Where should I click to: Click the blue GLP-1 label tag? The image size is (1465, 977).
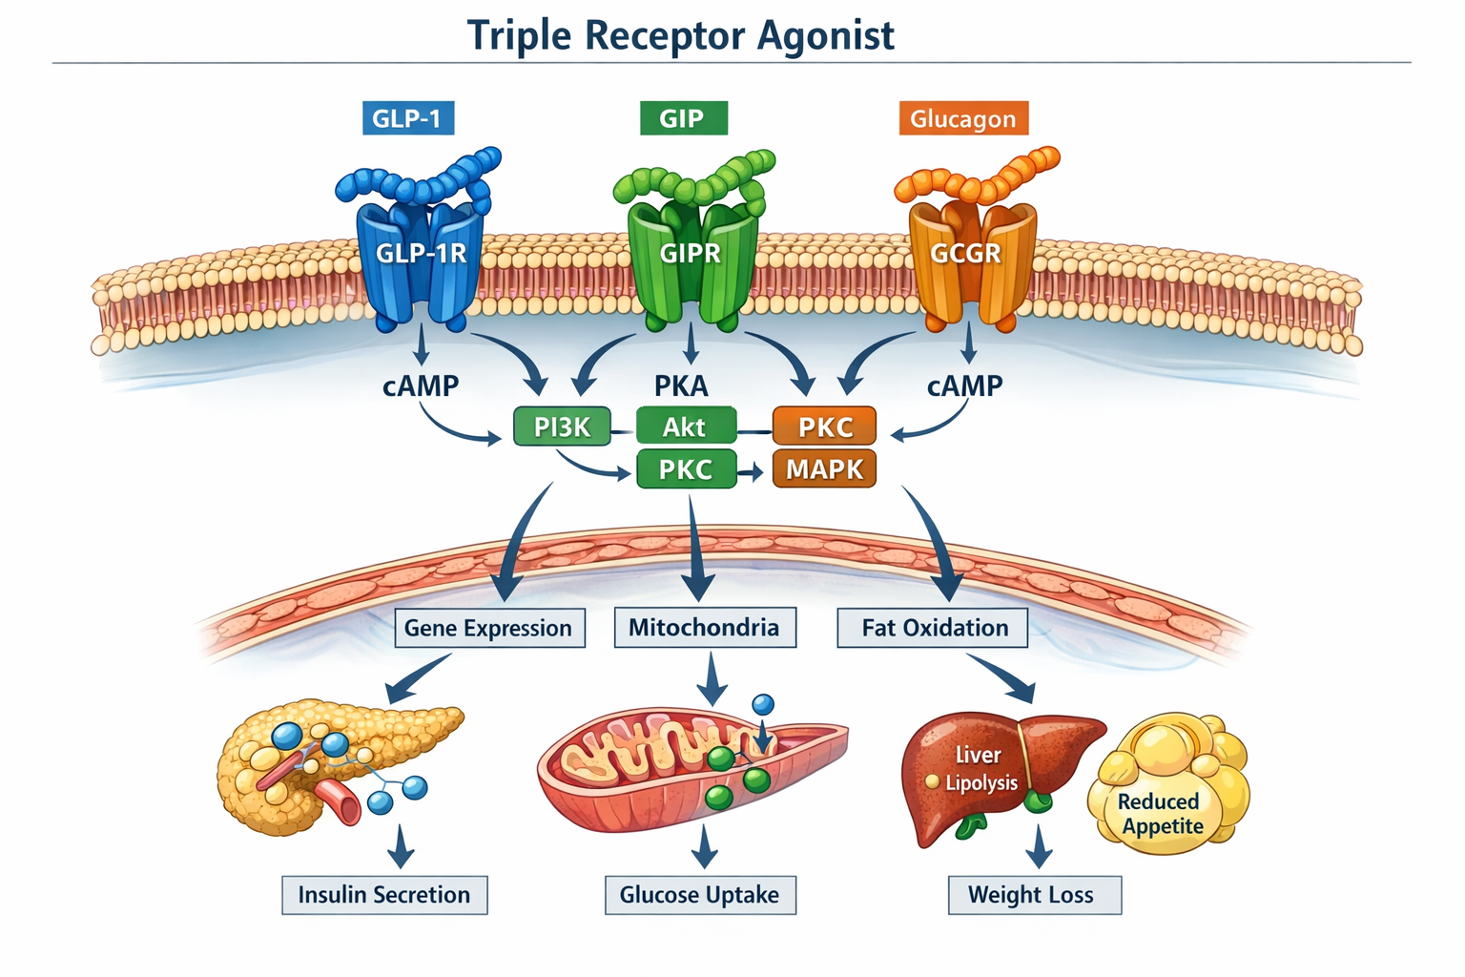(407, 118)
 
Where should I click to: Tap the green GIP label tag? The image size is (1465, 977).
(682, 118)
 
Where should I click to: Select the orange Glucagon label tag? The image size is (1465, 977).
(963, 119)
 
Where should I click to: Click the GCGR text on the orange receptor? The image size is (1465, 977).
(965, 254)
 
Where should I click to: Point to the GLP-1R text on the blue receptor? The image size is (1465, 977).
(421, 254)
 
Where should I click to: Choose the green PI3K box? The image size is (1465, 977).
(562, 426)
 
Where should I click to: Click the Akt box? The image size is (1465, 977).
(686, 426)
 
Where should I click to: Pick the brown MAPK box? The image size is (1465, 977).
(824, 469)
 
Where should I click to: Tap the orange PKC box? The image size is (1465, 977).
(824, 426)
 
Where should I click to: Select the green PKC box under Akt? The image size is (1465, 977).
(686, 469)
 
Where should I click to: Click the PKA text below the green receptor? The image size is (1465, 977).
(681, 386)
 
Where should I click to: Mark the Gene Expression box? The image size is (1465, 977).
(489, 628)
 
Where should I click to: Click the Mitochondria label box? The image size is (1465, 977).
(704, 628)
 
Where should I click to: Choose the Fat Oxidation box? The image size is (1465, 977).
(933, 628)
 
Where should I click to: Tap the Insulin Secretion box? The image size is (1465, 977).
(384, 895)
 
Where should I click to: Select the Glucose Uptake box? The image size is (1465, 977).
(700, 895)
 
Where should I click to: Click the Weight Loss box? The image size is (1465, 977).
(1033, 895)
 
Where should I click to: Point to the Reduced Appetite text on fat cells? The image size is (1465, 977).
(1161, 814)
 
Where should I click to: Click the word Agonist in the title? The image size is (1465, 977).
(826, 36)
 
